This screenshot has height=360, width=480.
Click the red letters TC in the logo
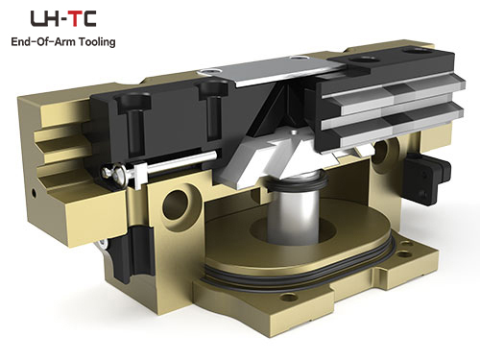point(83,18)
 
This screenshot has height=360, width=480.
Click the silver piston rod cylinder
point(294,213)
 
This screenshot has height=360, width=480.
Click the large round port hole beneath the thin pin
point(175,204)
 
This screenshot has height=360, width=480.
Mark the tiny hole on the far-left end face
point(34,193)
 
